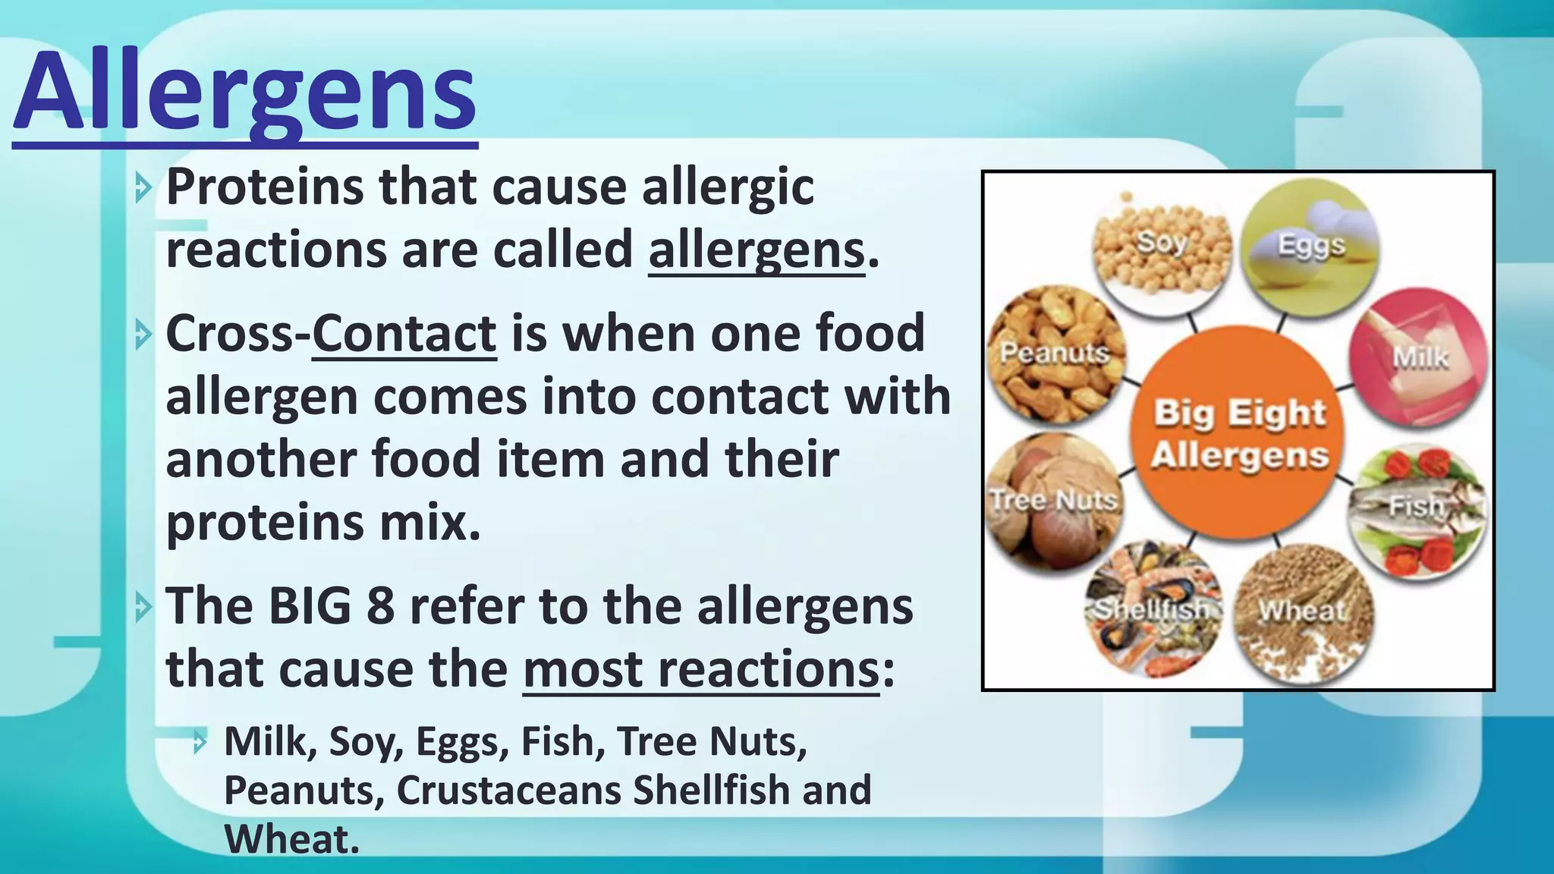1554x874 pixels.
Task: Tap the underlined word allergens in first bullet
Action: tap(756, 250)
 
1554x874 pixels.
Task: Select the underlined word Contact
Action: tap(404, 334)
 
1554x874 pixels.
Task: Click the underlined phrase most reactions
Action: tap(700, 670)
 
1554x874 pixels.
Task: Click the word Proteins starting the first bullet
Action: tap(264, 187)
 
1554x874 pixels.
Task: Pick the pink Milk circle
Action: tap(1417, 357)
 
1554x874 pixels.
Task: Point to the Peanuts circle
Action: tap(1055, 354)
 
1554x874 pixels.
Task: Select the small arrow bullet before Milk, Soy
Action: tap(200, 742)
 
